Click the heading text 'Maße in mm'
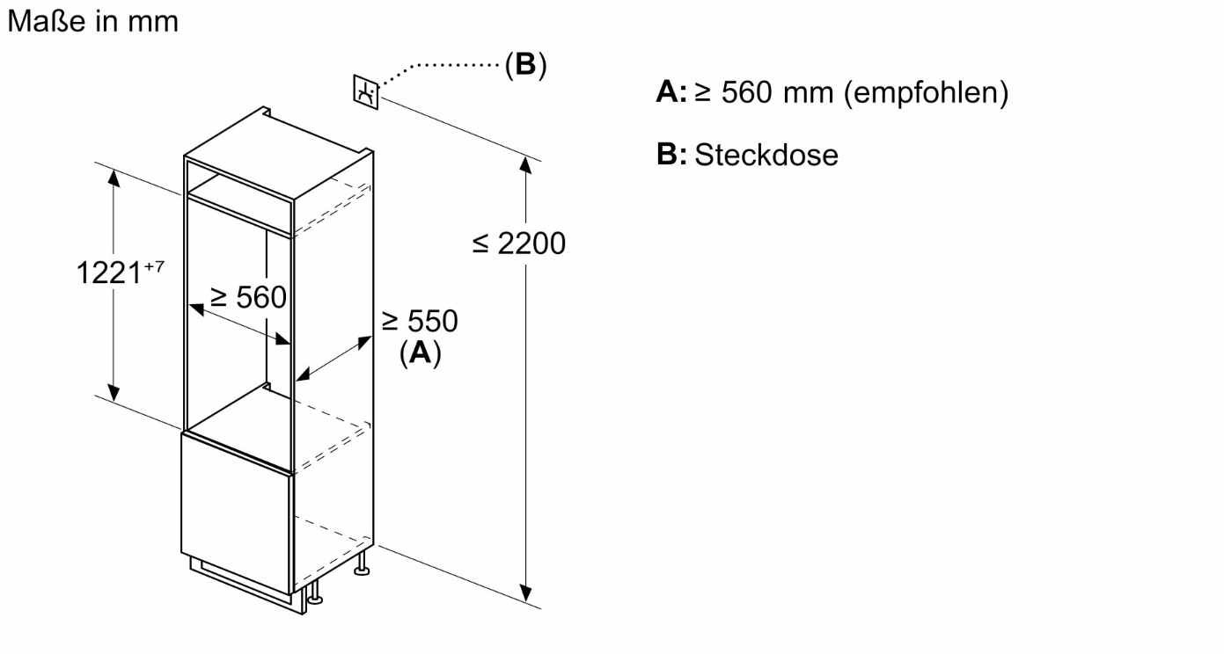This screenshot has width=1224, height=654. coord(93,21)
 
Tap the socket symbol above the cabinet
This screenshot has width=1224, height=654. coord(365,91)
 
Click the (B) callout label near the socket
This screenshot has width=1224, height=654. coord(525,65)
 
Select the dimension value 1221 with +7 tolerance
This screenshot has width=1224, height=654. coord(120,272)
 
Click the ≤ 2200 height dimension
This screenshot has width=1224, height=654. coord(519,243)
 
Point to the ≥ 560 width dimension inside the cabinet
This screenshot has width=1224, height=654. coord(249,297)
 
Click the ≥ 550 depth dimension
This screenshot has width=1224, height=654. coord(420,321)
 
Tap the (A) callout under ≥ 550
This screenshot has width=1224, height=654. coord(420,352)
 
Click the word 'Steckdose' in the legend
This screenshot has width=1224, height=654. coord(766,155)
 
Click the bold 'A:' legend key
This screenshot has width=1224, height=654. coord(671,91)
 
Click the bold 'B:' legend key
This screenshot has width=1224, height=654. coord(671,154)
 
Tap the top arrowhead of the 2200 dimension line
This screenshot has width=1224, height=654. coord(525,165)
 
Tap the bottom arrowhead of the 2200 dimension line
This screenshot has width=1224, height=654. coord(525,592)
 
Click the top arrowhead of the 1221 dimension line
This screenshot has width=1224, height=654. coord(114,178)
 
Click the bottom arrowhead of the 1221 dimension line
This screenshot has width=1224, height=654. coord(114,393)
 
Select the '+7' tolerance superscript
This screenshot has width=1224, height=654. coord(154,266)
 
